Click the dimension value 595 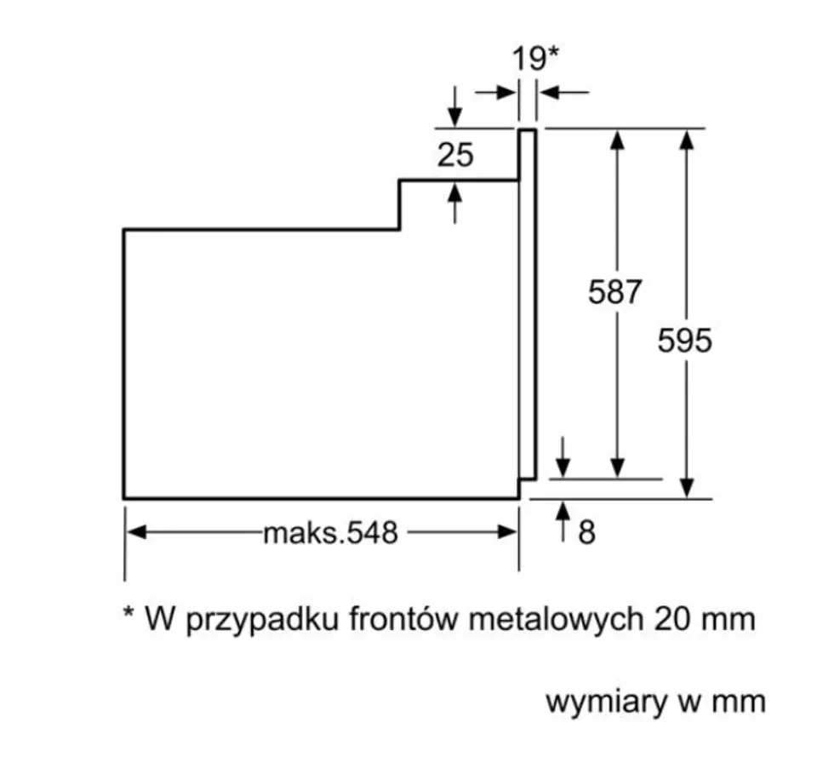[684, 341]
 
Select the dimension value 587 [614, 292]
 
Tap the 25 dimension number [455, 155]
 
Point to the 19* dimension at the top [534, 59]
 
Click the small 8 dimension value [586, 533]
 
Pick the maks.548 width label [330, 533]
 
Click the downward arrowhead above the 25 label [455, 118]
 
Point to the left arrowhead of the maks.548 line [135, 533]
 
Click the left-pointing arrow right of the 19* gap [549, 92]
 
